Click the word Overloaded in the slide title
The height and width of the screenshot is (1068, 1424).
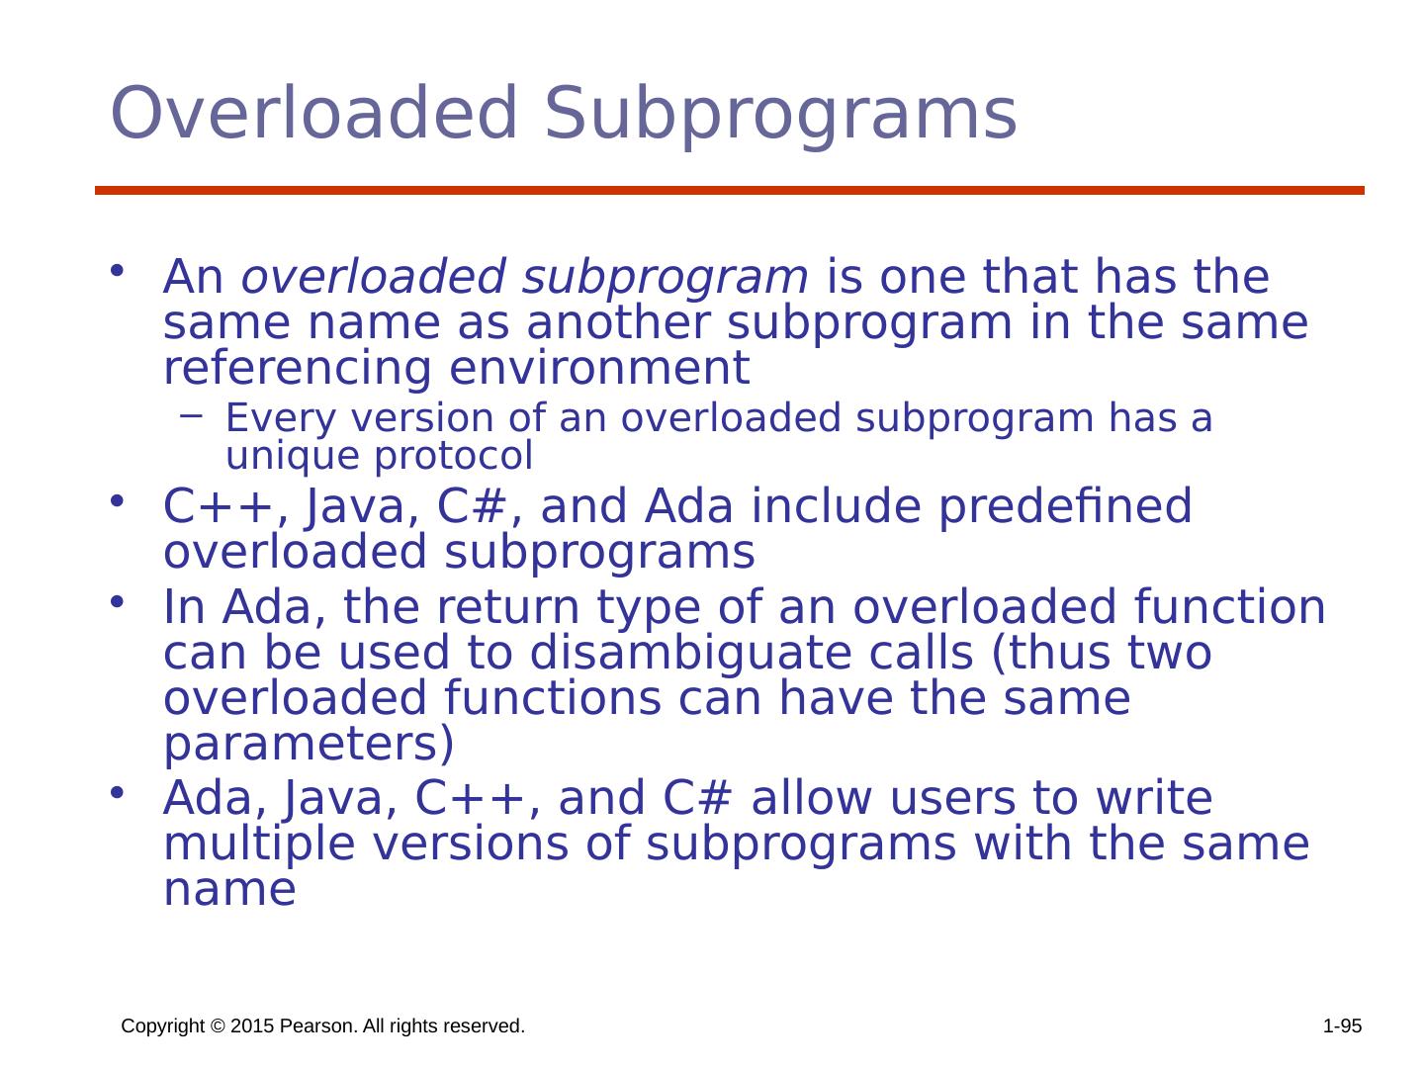[x=313, y=114]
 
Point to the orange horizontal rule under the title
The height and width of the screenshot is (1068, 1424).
[x=729, y=190]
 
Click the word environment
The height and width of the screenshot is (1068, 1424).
[x=599, y=369]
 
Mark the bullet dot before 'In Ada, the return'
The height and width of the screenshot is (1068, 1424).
[x=117, y=601]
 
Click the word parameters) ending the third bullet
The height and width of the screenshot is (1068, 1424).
[x=309, y=746]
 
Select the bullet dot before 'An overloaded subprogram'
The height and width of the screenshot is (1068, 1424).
[x=117, y=271]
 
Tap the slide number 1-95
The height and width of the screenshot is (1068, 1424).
[x=1342, y=1027]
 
